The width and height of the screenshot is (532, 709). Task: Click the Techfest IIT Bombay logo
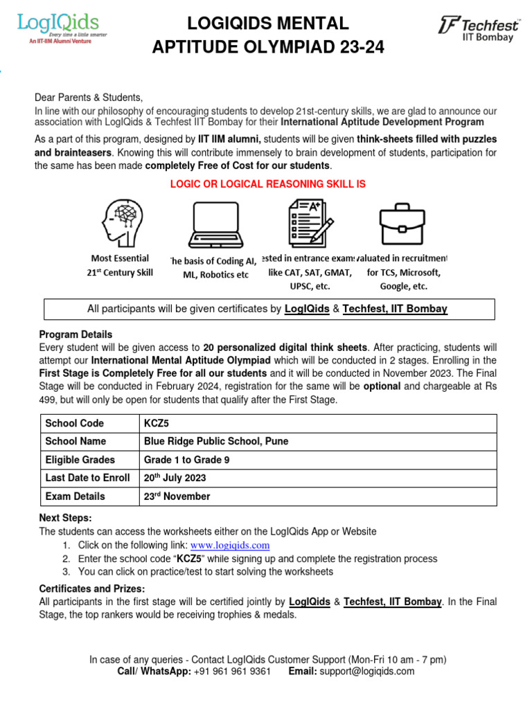(479, 29)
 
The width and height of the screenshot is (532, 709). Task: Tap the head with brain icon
(125, 220)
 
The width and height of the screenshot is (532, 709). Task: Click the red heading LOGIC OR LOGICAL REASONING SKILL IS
(268, 183)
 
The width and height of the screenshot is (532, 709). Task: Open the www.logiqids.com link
(229, 546)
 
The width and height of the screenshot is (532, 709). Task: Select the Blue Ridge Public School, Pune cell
(216, 441)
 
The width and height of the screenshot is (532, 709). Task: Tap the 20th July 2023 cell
(175, 478)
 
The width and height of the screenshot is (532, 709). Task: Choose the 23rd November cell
(177, 496)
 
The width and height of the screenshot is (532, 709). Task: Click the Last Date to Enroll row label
(87, 478)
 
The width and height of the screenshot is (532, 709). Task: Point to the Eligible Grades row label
(80, 460)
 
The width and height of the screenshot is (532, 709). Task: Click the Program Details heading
(76, 334)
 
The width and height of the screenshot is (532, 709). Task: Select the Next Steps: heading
(65, 518)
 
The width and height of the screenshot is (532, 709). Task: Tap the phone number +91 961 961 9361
(232, 671)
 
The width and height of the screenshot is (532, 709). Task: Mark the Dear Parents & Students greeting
(89, 98)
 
